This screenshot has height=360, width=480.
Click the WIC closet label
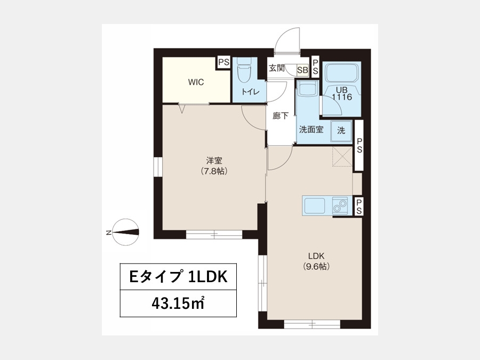(196, 82)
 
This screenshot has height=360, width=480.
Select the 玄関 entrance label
(276, 68)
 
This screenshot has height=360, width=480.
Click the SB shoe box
(303, 70)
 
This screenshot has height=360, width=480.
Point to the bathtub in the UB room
(342, 72)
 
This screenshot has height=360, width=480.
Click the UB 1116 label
(342, 94)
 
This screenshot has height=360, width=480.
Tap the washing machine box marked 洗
(341, 131)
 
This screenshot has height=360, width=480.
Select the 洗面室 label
(311, 130)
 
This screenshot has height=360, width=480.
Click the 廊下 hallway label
(281, 116)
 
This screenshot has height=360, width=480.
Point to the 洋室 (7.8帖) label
(214, 166)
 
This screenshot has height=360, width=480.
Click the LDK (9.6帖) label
(316, 261)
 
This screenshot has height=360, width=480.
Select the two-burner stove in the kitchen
(340, 206)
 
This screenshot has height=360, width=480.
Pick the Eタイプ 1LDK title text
(179, 277)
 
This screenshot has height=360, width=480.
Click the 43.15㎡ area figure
(178, 303)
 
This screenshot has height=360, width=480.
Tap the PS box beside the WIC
(223, 62)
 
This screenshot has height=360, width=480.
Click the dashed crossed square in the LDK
(342, 156)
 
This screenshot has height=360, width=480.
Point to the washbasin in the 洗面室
(307, 89)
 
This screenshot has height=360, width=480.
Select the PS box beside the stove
(359, 206)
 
